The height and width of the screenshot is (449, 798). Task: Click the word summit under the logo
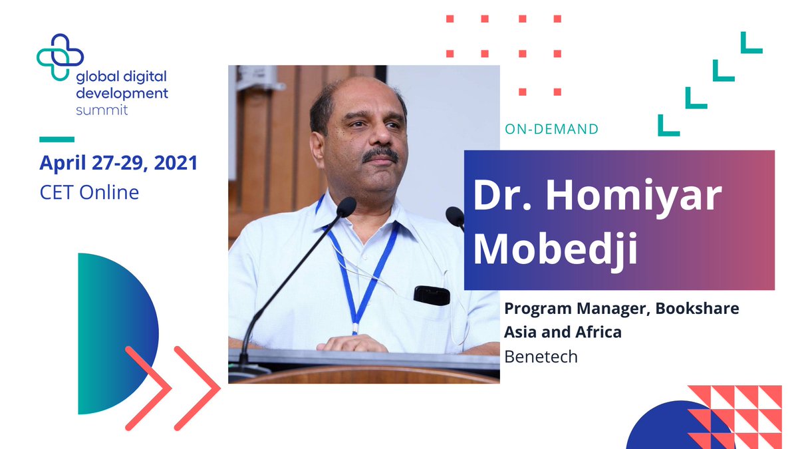point(102,109)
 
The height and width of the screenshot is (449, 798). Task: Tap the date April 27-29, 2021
point(118,163)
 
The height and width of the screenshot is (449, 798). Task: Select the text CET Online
point(89,193)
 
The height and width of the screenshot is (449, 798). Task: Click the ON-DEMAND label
point(551,129)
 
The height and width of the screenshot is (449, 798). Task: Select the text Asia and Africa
point(563,332)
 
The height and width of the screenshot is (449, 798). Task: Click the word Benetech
point(541,357)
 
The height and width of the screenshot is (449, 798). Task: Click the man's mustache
point(381,155)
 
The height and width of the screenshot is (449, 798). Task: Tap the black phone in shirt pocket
point(432,295)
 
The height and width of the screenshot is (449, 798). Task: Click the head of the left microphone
point(346,208)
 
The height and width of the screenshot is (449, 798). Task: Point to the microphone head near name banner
point(455,216)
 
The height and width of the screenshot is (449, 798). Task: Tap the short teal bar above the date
point(57,139)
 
